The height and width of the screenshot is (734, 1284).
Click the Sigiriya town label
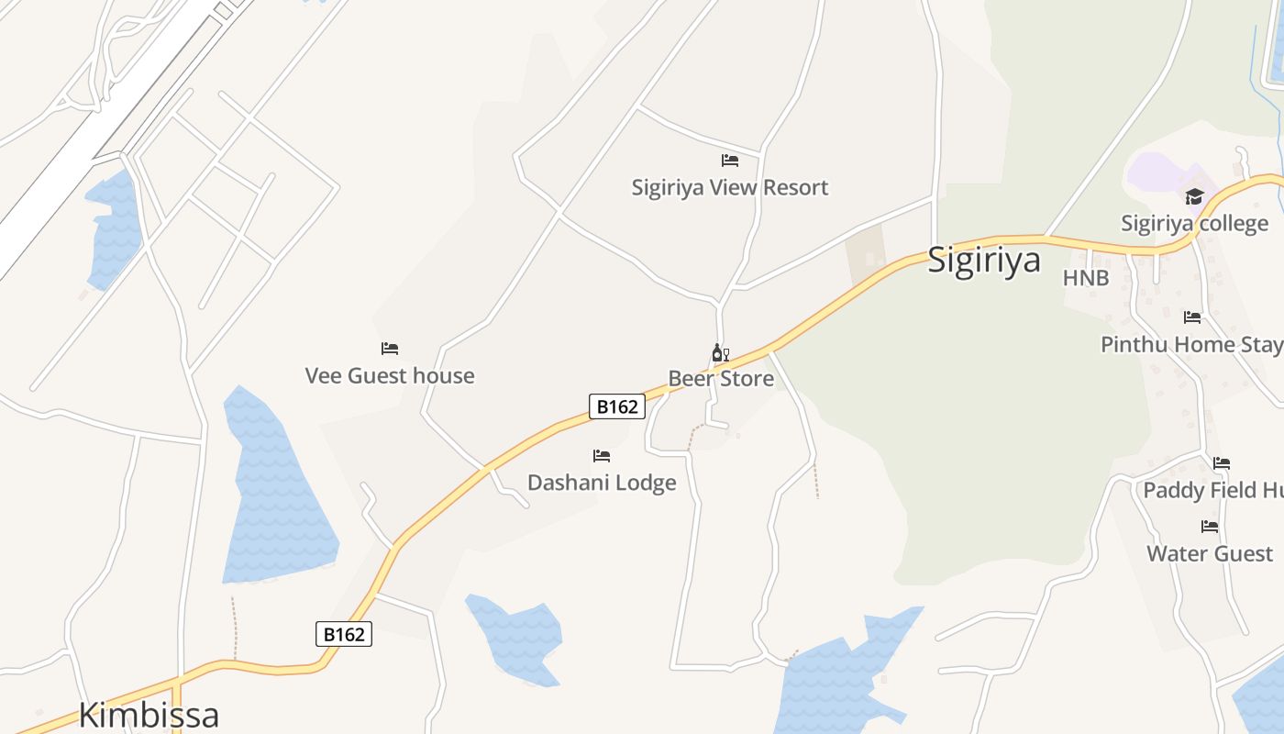[x=984, y=260]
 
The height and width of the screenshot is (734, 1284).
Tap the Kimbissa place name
[x=149, y=715]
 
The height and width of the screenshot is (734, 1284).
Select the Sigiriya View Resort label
[x=729, y=187]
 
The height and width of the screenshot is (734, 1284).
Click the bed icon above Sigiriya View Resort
[x=730, y=161]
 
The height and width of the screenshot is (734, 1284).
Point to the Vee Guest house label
[x=390, y=375]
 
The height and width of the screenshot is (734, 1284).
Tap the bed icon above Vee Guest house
[x=390, y=349]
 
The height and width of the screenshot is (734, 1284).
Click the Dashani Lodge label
[x=602, y=483]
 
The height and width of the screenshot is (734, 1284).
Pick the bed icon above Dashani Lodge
[x=602, y=456]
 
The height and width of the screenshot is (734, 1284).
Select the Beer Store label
[x=721, y=378]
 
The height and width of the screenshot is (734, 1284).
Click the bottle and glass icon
[x=721, y=353]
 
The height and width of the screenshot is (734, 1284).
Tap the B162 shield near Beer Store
[x=617, y=406]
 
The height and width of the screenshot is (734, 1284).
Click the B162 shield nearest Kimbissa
[x=344, y=634]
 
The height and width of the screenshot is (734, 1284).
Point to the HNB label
[x=1086, y=278]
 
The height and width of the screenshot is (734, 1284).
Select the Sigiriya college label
[x=1195, y=223]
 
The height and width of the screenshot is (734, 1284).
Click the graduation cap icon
[x=1194, y=196]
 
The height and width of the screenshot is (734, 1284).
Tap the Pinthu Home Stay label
[x=1191, y=344]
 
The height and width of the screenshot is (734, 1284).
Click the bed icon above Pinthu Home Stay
[x=1192, y=317]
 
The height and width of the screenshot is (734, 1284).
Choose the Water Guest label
[x=1210, y=553]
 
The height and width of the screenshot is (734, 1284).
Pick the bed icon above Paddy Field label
[x=1222, y=463]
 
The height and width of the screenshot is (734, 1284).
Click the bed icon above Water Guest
[x=1210, y=527]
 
